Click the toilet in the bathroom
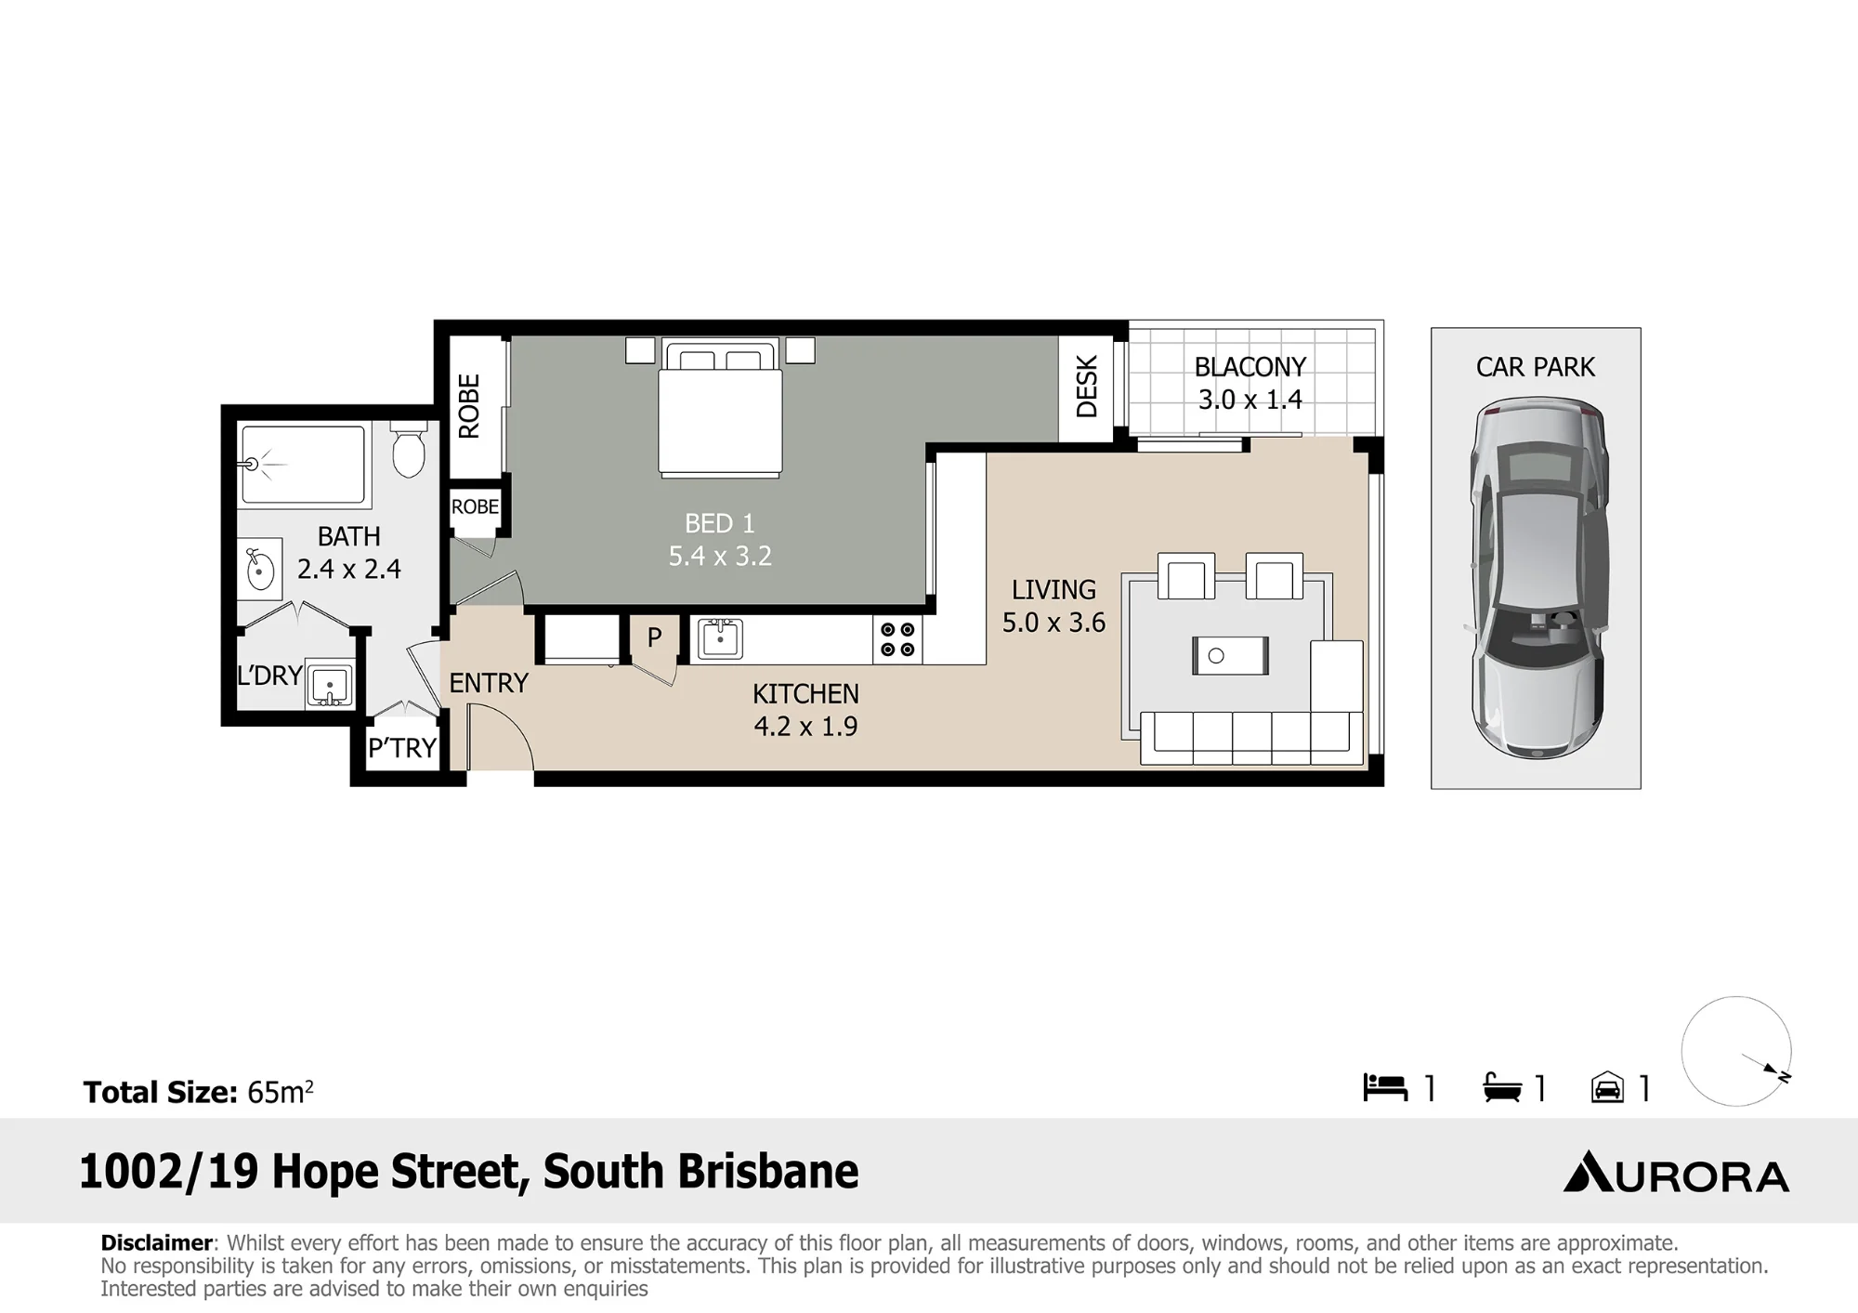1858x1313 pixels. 409,449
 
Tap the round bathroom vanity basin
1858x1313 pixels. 260,569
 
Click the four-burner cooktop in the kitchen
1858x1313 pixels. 897,639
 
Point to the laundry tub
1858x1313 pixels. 329,687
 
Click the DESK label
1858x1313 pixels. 1087,387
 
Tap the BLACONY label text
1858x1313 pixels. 1250,367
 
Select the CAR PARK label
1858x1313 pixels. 1536,367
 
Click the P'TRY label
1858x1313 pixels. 402,747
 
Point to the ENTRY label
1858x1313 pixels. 489,683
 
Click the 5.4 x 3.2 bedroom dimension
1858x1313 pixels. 720,556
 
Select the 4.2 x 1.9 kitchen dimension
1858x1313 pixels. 805,726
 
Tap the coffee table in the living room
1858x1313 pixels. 1230,656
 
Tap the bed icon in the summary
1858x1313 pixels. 1385,1088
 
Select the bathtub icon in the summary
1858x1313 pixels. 1502,1088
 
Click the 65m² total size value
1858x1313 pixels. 280,1092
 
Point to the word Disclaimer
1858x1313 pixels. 157,1243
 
